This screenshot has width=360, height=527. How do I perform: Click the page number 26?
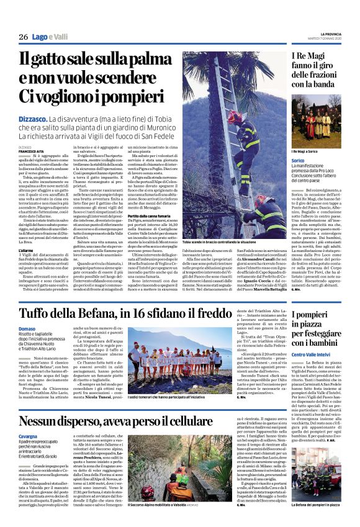(23, 37)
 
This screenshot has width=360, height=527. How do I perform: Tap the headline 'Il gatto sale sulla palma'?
(99, 61)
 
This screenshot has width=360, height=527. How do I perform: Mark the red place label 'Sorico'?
(298, 160)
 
